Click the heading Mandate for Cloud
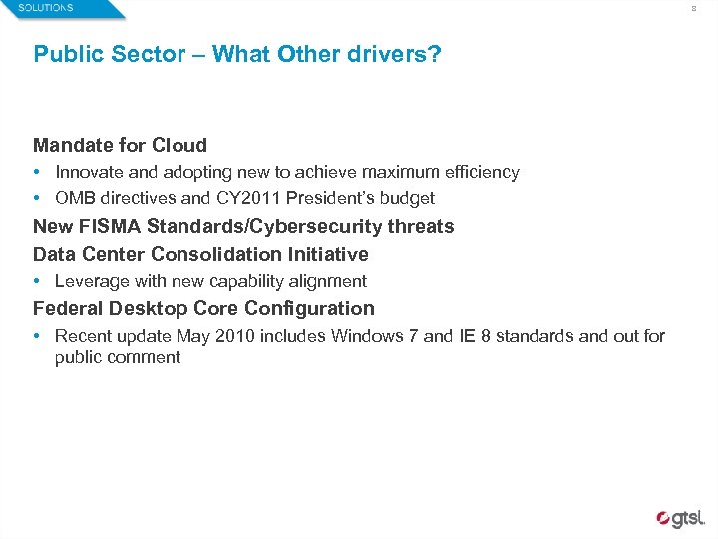pos(120,146)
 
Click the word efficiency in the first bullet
pos(483,172)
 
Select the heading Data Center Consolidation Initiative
pos(200,254)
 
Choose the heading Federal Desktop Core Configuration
pos(203,308)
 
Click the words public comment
pos(118,357)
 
